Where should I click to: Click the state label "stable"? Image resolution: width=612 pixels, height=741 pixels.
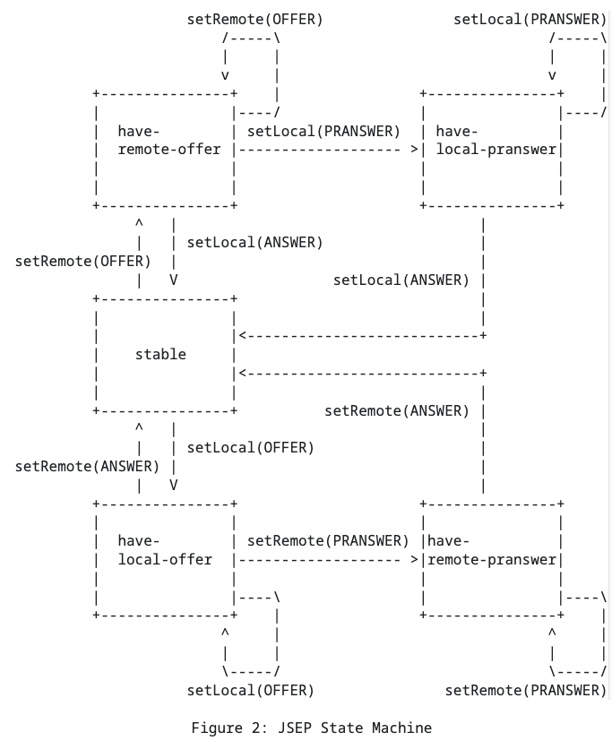(x=160, y=354)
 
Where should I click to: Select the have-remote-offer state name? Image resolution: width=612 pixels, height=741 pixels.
(x=168, y=141)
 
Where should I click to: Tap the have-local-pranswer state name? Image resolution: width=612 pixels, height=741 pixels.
(x=496, y=141)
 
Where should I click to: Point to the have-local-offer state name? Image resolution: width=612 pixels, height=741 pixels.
(x=165, y=550)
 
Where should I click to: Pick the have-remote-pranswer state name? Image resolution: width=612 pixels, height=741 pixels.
(x=492, y=550)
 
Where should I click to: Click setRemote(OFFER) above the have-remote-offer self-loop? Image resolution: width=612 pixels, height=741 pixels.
(x=255, y=19)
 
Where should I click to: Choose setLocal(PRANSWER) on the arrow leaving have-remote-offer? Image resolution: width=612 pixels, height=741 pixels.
(x=323, y=132)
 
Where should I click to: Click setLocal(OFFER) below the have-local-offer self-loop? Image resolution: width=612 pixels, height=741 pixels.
(x=250, y=690)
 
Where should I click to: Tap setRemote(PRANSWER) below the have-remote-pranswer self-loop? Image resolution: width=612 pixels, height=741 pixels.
(x=526, y=690)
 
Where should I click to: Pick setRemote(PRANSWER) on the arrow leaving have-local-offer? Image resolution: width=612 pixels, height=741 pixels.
(x=328, y=540)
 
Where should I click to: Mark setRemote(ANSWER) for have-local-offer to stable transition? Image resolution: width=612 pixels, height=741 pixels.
(x=87, y=466)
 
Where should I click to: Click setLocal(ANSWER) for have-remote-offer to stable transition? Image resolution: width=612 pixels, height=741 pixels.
(x=254, y=242)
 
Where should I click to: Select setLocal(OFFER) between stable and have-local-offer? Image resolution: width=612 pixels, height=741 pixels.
(x=250, y=447)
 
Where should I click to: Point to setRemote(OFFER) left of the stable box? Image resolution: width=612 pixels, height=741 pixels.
(x=83, y=261)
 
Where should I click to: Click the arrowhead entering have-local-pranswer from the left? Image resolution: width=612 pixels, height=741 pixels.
(x=414, y=150)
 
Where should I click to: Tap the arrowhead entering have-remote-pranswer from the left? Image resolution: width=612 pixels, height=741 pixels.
(x=414, y=560)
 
